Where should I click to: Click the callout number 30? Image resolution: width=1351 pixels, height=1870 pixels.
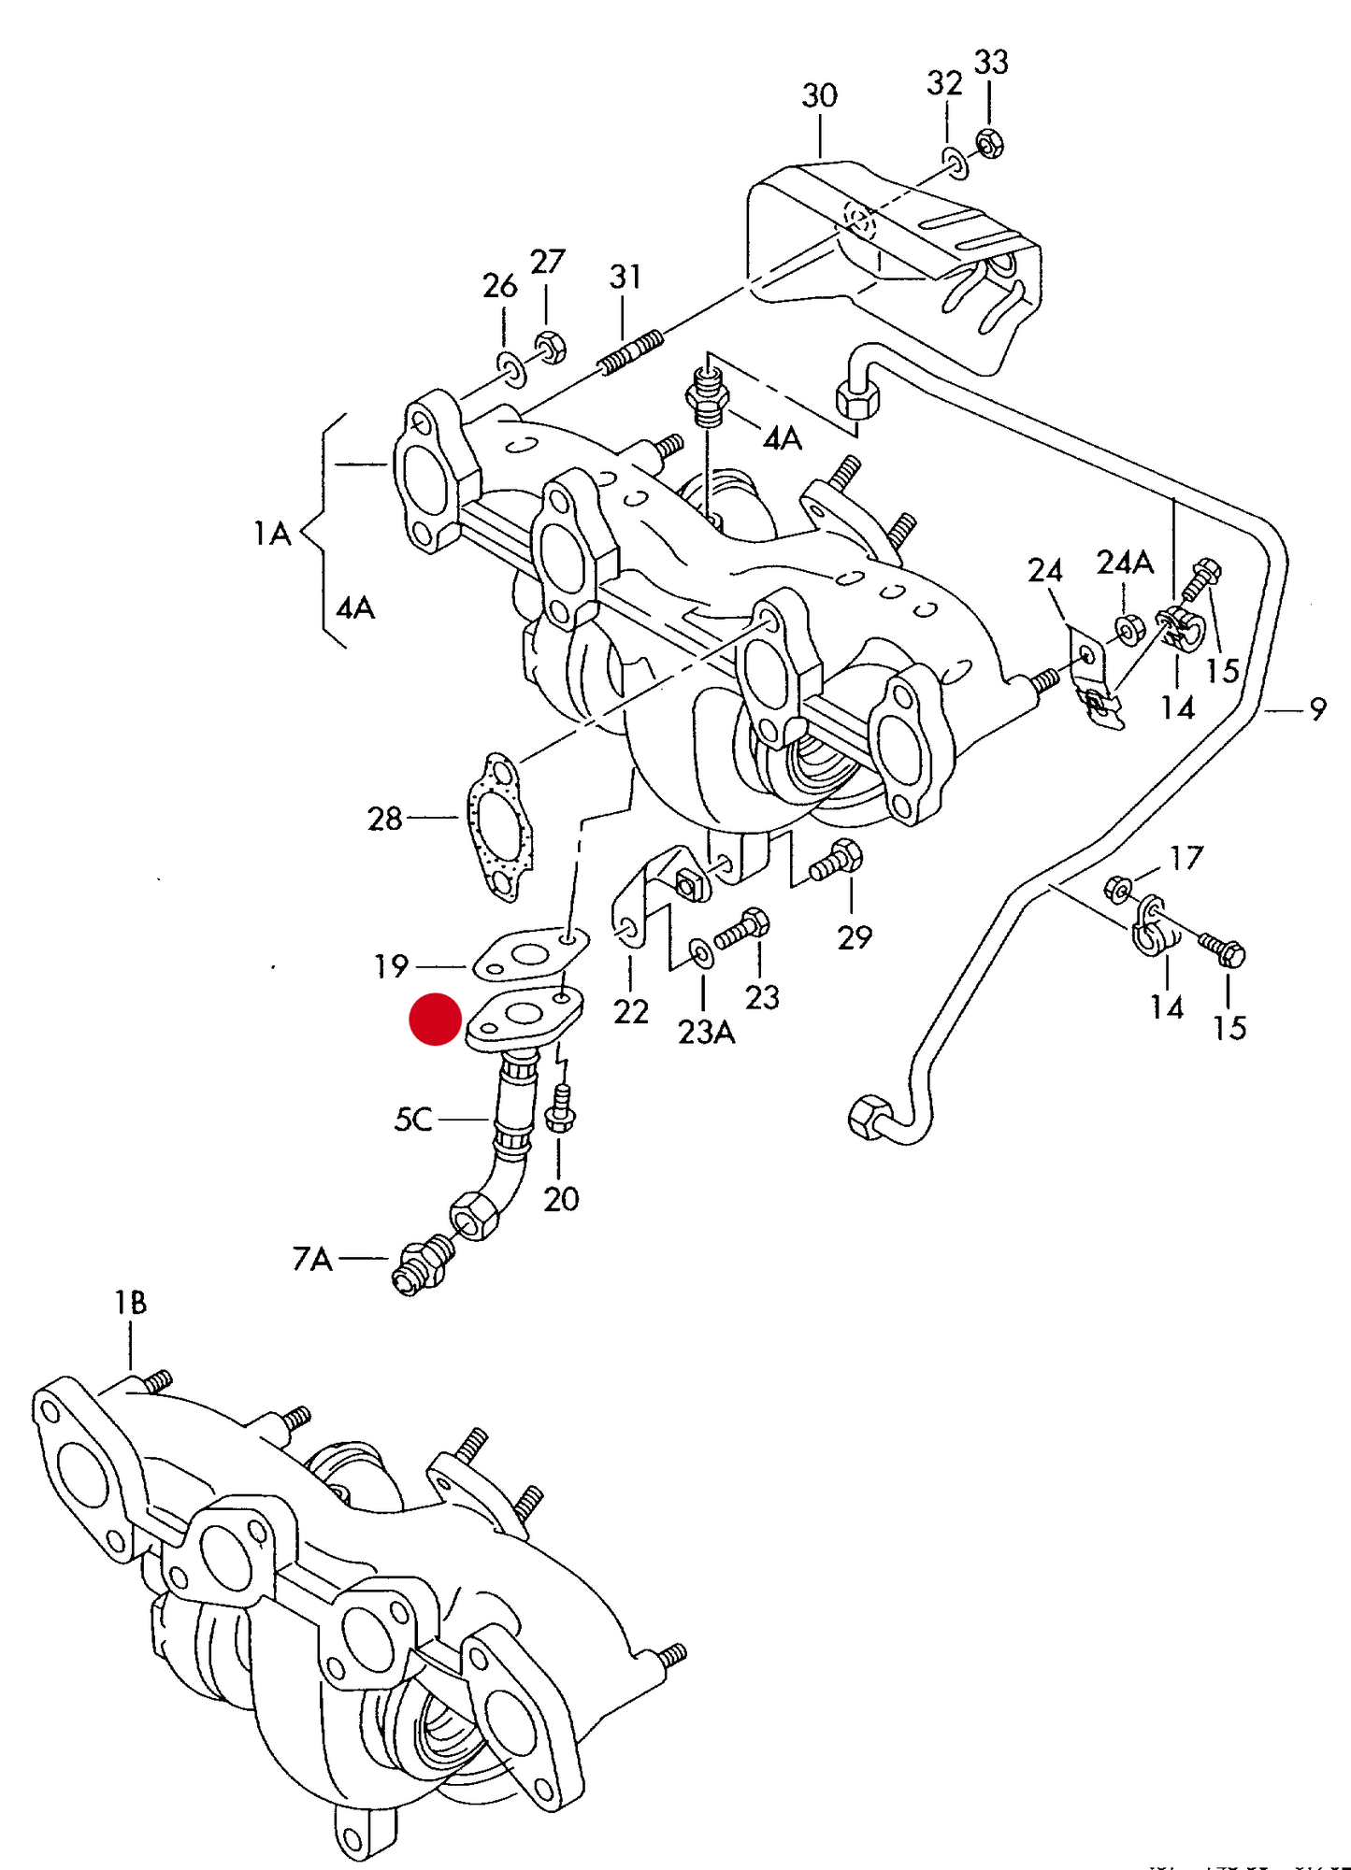point(819,95)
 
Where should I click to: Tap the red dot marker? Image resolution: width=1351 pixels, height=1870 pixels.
point(435,1019)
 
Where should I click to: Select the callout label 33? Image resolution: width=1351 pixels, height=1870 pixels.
point(991,63)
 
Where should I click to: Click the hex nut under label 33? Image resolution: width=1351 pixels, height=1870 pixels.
point(990,144)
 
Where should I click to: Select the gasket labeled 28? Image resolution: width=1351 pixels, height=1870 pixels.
point(500,826)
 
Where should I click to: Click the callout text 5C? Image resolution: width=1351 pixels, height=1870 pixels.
point(413,1119)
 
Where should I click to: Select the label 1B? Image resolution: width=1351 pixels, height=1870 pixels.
point(130,1303)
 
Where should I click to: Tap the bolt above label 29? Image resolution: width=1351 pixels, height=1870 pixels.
point(837,860)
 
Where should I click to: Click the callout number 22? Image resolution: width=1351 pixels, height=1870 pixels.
point(631,1011)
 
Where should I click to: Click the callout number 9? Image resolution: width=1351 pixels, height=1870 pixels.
point(1317,709)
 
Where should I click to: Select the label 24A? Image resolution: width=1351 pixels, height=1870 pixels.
point(1125,563)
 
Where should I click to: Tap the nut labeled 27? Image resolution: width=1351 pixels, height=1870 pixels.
point(549,346)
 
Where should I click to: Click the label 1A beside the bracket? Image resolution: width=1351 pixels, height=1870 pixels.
point(272,534)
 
